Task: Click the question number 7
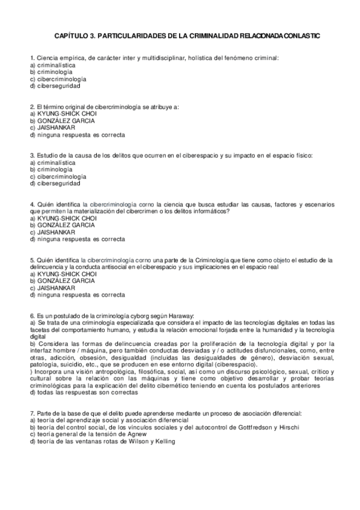pos(31,413)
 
